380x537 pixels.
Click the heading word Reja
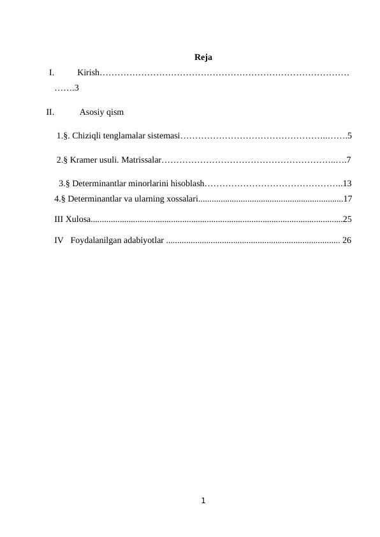coord(203,57)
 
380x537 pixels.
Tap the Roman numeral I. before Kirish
coord(51,73)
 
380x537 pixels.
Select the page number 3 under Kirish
coord(77,87)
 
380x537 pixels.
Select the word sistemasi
coord(164,135)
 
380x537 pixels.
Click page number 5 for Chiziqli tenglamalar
coord(350,135)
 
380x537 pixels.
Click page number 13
coord(347,183)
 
